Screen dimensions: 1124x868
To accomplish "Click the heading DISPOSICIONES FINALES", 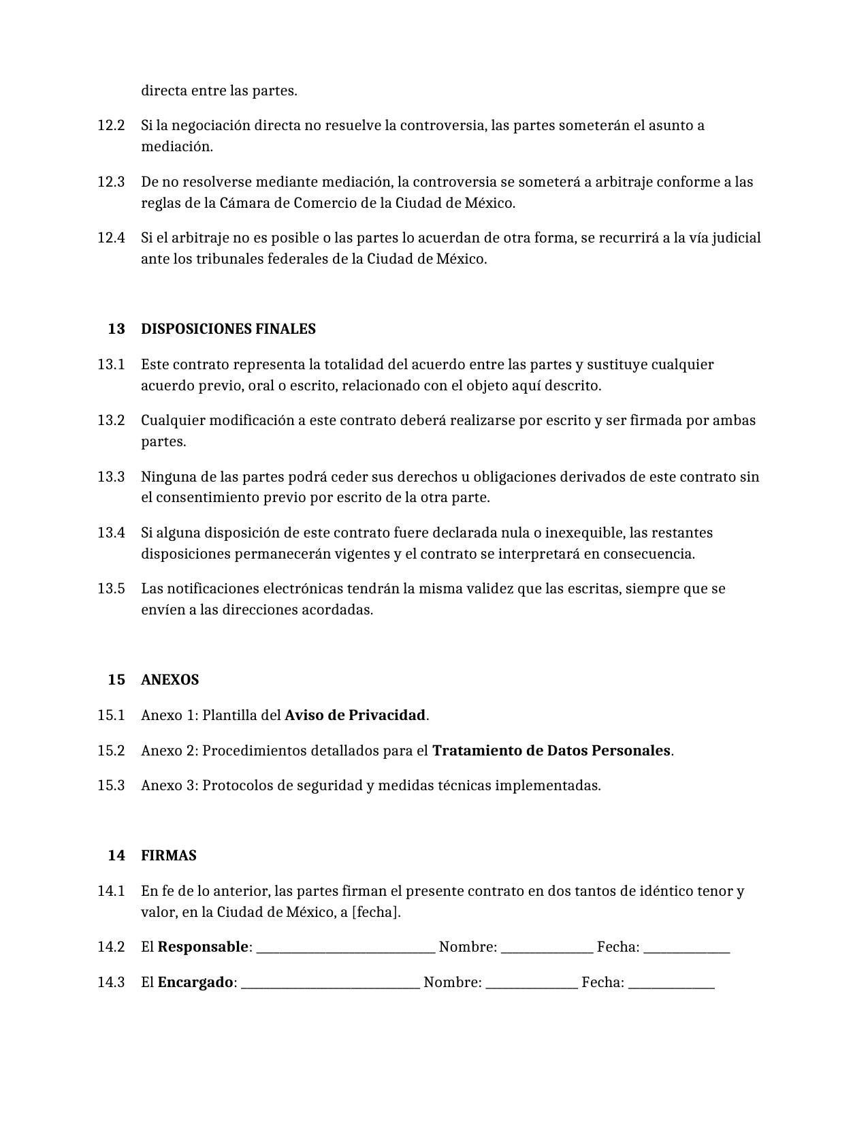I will [x=228, y=329].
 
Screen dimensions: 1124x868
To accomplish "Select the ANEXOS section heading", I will [x=170, y=680].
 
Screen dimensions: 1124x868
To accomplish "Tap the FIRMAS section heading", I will [x=168, y=856].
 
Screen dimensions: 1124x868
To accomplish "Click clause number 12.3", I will [x=111, y=182].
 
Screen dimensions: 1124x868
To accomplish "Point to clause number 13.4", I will [x=111, y=533].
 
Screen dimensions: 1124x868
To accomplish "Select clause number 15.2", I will [x=111, y=751].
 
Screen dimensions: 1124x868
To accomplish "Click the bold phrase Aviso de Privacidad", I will [x=355, y=715].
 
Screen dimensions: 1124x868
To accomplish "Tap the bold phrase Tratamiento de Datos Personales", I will [x=551, y=751].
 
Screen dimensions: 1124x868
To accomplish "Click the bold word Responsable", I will [x=203, y=947].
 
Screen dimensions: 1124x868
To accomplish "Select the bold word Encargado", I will [x=195, y=982].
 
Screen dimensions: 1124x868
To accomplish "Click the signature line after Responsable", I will [x=346, y=948].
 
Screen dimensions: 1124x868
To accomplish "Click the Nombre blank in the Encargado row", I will [x=532, y=984].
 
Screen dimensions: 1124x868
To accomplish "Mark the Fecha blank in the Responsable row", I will [x=686, y=948].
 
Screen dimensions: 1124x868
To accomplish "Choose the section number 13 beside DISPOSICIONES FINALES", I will [x=116, y=329].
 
